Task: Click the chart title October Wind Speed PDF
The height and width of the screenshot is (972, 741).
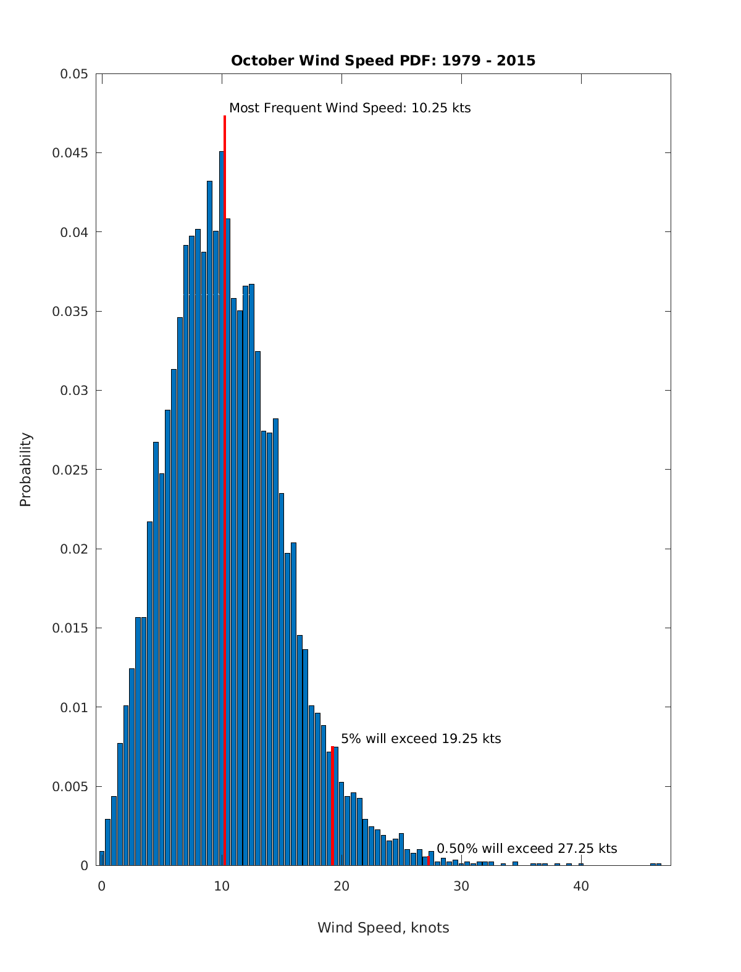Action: [383, 60]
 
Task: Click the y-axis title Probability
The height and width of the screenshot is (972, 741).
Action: [25, 470]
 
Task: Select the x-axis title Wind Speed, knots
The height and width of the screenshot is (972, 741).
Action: [383, 928]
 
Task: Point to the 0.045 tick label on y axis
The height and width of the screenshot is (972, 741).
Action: [70, 153]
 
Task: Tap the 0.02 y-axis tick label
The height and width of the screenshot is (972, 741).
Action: [73, 549]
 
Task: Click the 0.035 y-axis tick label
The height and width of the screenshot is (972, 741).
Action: [70, 312]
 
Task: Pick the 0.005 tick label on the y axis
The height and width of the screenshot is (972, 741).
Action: [70, 787]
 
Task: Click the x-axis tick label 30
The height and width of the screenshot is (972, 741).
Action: [461, 887]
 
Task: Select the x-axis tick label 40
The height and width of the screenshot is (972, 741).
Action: [581, 887]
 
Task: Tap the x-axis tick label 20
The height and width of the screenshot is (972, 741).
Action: [341, 887]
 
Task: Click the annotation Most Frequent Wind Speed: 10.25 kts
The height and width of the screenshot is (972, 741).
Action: [350, 108]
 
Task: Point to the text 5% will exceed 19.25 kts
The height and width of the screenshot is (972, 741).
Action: [421, 739]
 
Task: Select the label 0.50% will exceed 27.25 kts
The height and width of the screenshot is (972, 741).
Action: [527, 849]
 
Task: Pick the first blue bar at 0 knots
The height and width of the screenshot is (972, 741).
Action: [102, 858]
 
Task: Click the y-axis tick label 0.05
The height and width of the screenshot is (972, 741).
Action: [73, 74]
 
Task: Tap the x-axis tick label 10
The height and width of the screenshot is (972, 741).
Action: [222, 887]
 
